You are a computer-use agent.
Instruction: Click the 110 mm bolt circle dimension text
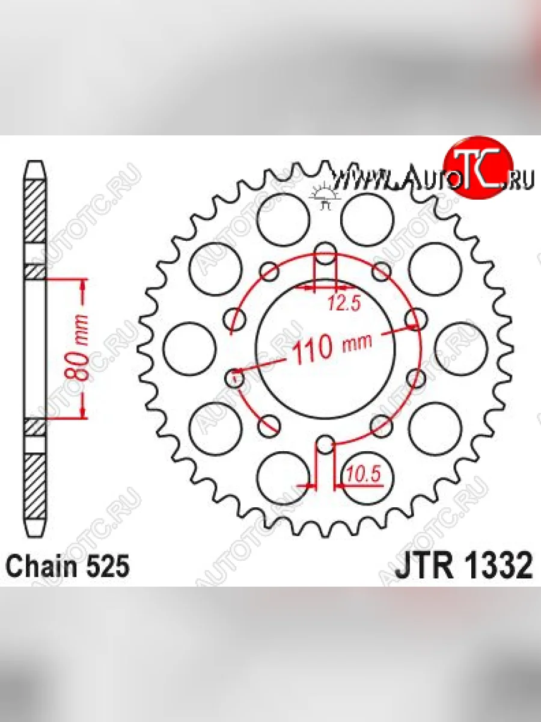click(332, 347)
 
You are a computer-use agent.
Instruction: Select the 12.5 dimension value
click(344, 303)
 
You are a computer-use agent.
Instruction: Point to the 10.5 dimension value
click(363, 474)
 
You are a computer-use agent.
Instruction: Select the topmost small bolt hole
click(325, 253)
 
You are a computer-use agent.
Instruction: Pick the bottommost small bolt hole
click(325, 443)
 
